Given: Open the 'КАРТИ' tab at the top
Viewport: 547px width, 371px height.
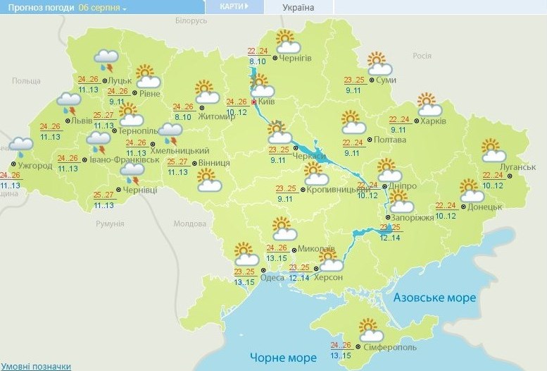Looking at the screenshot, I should pyautogui.click(x=234, y=6).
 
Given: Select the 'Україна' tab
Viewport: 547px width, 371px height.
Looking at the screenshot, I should pyautogui.click(x=298, y=8).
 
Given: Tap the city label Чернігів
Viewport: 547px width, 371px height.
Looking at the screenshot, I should pyautogui.click(x=296, y=57).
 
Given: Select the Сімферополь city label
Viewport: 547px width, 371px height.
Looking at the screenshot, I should pyautogui.click(x=391, y=348).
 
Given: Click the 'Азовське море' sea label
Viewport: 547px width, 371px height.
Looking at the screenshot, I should pyautogui.click(x=434, y=297).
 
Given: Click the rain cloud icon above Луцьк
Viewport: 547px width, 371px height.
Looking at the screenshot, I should pyautogui.click(x=106, y=60).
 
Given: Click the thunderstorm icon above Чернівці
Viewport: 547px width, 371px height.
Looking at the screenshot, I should pyautogui.click(x=132, y=169).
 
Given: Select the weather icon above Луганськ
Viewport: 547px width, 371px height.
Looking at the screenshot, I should pyautogui.click(x=493, y=151).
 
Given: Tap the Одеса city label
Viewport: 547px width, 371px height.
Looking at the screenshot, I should pyautogui.click(x=272, y=277).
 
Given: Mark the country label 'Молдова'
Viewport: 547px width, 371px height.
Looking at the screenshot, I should pyautogui.click(x=189, y=224).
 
